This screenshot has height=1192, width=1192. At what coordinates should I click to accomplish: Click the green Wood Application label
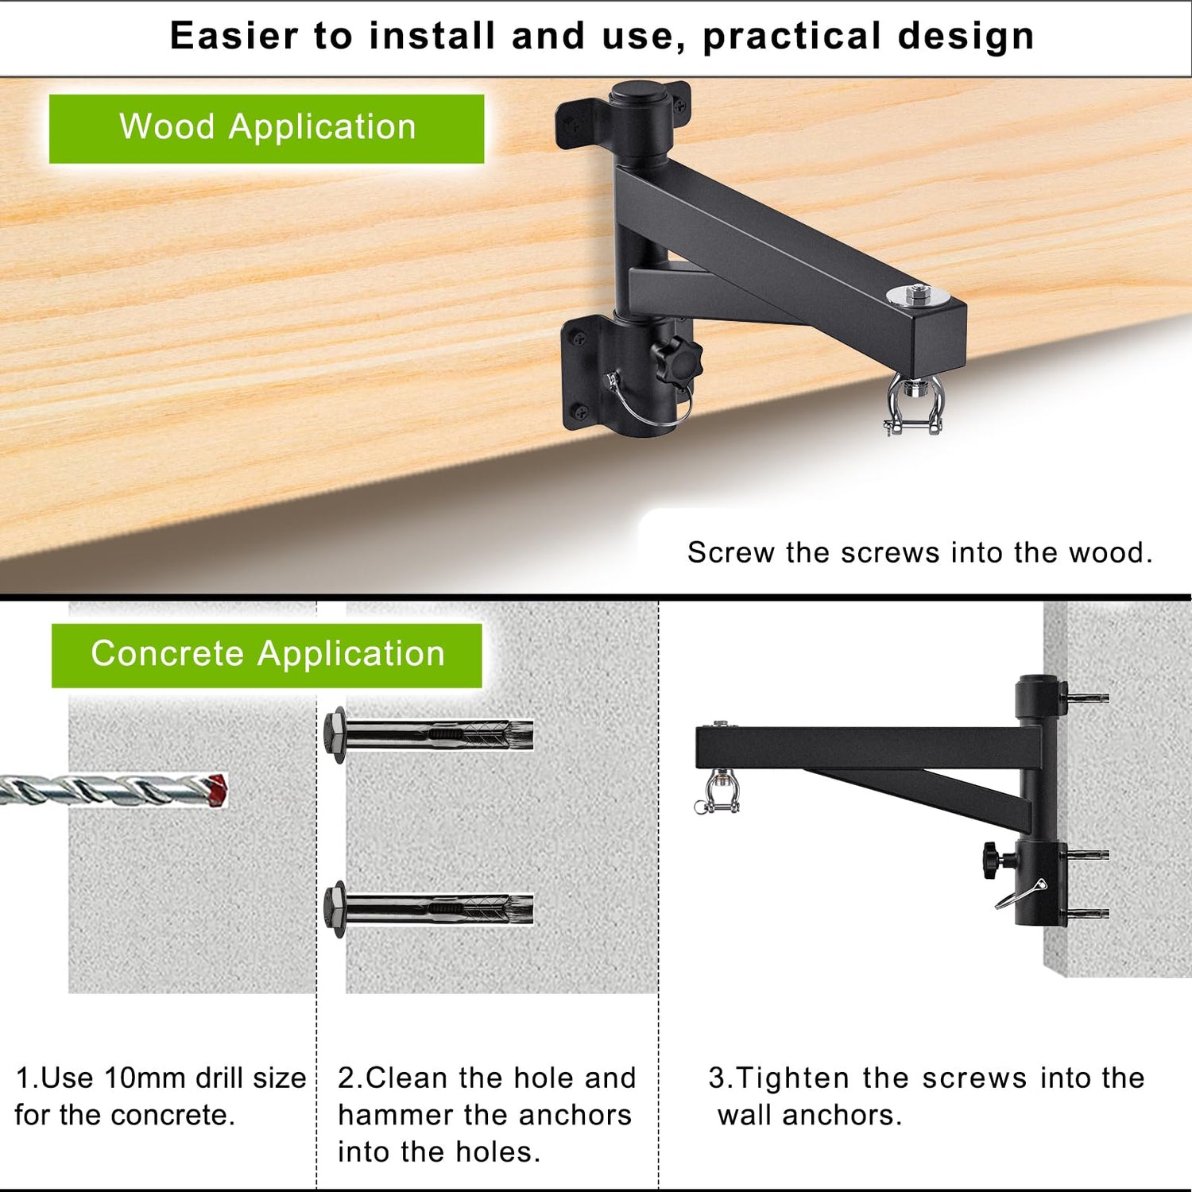(267, 129)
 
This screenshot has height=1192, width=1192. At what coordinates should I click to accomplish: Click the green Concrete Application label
(267, 655)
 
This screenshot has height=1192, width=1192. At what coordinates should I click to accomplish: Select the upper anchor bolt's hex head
(335, 734)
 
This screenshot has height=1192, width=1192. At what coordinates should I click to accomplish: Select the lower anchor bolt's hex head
(335, 909)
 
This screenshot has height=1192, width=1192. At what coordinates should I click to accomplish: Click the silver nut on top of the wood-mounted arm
(919, 294)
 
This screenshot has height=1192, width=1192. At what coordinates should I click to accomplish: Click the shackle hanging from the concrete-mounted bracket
(717, 791)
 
